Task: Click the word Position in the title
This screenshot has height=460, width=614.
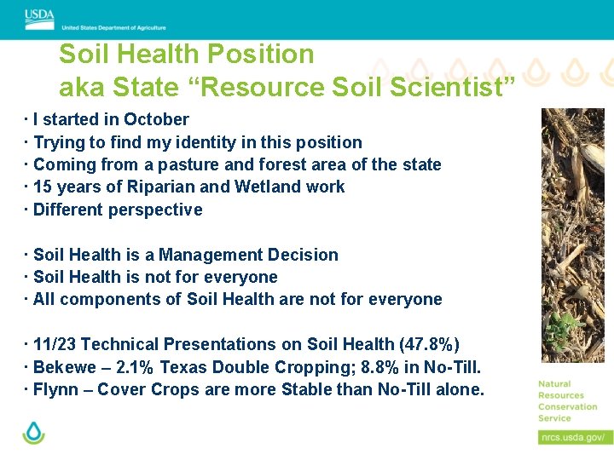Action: tap(264, 55)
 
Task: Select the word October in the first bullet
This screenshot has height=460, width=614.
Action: tap(156, 119)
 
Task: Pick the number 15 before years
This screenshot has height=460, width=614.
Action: tap(43, 187)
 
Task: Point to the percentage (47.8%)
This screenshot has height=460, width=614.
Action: tap(429, 344)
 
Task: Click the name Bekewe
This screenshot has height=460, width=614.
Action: tap(65, 367)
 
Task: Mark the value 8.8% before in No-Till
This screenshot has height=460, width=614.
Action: tap(375, 367)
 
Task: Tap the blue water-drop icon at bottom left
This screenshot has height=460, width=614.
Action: tap(33, 433)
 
